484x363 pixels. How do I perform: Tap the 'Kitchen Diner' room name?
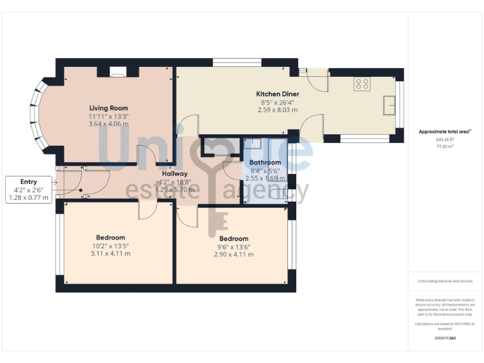(x=277, y=94)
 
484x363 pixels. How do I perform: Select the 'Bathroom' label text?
(x=265, y=163)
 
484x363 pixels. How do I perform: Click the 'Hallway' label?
(x=175, y=174)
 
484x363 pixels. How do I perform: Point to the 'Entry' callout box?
(x=29, y=190)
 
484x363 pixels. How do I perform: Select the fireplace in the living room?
(x=118, y=72)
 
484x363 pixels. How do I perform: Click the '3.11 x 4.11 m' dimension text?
(x=110, y=254)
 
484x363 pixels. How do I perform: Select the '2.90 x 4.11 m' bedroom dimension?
(x=233, y=255)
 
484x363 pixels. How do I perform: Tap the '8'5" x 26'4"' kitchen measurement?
(x=277, y=102)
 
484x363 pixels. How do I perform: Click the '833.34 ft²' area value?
(x=446, y=139)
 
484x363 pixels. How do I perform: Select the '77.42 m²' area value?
(x=446, y=146)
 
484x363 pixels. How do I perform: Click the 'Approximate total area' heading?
(x=445, y=132)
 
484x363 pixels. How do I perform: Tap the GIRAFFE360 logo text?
(x=445, y=338)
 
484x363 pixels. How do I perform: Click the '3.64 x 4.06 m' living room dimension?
(x=109, y=124)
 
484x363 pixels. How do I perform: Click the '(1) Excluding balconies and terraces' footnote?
(x=445, y=281)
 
